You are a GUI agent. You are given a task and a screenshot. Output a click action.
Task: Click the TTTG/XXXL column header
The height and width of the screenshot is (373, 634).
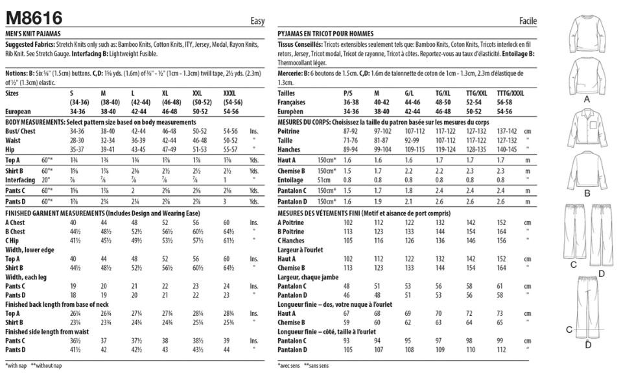click(x=510, y=93)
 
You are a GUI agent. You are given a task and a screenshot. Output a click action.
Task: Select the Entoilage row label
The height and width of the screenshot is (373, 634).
click(x=291, y=180)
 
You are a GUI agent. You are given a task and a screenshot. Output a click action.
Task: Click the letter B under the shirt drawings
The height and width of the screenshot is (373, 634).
click(x=587, y=193)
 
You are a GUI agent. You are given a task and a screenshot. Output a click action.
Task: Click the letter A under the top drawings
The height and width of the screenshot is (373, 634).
click(x=587, y=99)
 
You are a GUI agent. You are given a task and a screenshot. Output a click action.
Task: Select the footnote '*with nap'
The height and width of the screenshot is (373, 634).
click(x=16, y=366)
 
